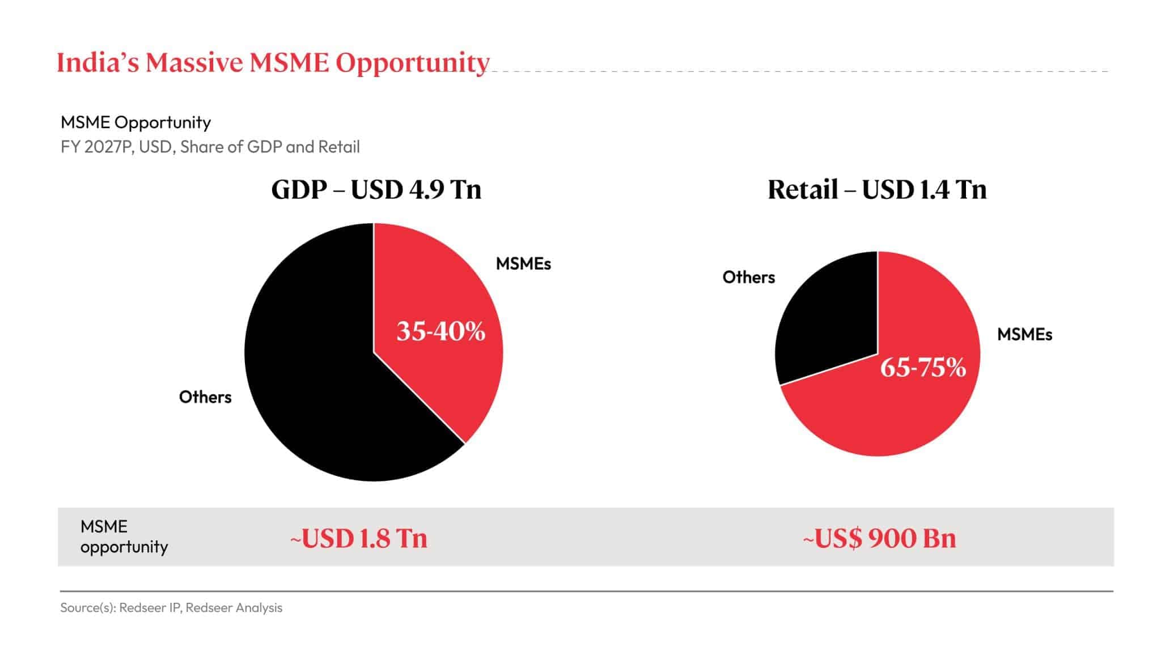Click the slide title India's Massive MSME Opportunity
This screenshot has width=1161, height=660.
[x=273, y=63]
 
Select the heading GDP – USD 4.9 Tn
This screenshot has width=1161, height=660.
[x=376, y=189]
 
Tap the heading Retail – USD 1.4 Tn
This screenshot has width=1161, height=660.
[x=876, y=189]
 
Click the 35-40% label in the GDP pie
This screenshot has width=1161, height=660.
[x=440, y=331]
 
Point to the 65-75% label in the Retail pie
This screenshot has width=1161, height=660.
[x=923, y=368]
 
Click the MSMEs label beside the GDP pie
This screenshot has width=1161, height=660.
[x=523, y=263]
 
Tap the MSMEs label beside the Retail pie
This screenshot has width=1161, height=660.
[x=1024, y=334]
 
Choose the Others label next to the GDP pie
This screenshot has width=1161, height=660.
[x=205, y=397]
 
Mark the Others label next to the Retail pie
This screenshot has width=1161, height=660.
[x=748, y=277]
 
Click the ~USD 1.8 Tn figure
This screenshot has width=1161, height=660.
[x=358, y=538]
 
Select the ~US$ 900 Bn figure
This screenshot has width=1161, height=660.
[x=879, y=538]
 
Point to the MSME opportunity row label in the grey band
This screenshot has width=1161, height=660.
[x=124, y=536]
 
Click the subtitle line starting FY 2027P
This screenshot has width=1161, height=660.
[x=210, y=147]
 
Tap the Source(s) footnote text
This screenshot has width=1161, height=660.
[x=171, y=607]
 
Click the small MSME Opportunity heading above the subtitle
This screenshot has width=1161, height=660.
[x=135, y=122]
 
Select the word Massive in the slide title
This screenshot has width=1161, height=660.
[x=194, y=63]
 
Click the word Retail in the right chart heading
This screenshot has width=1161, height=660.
[x=802, y=189]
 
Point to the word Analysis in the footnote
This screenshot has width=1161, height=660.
[x=259, y=607]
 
